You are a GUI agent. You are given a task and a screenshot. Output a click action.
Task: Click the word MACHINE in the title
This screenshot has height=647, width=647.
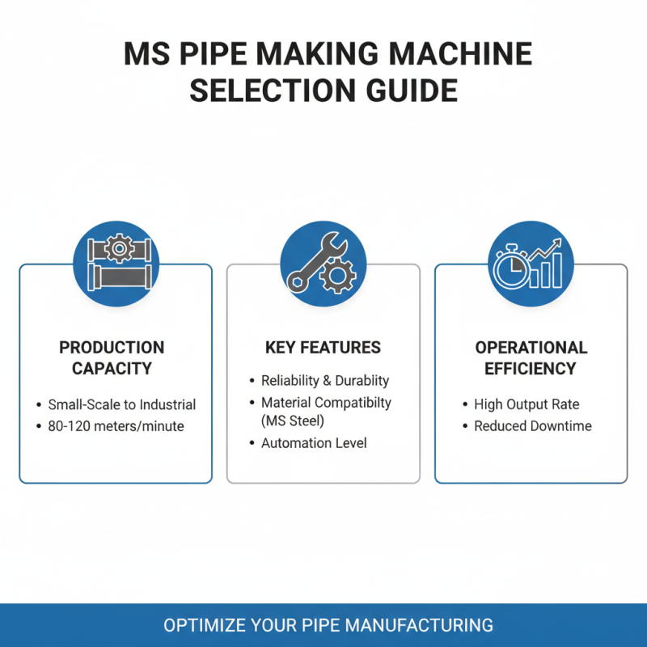click(x=463, y=54)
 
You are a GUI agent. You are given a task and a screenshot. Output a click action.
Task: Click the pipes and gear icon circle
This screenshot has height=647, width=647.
click(x=116, y=264)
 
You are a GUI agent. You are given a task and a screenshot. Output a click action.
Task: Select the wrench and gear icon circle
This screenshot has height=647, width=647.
click(x=323, y=264)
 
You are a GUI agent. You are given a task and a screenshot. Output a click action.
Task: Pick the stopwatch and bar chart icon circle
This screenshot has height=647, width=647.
click(x=531, y=264)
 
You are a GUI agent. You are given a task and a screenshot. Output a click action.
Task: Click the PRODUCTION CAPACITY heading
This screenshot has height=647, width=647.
click(x=112, y=358)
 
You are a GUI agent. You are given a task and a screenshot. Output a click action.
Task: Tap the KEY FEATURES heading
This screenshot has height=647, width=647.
click(x=323, y=348)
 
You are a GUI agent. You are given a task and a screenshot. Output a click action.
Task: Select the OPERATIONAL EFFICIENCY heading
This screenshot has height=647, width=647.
click(x=531, y=358)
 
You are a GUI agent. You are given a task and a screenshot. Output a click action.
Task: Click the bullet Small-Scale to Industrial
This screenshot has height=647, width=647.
click(x=121, y=404)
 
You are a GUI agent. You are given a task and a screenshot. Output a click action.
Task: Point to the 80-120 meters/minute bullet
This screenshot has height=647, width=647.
click(x=116, y=426)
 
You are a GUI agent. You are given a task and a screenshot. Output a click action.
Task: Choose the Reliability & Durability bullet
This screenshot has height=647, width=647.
click(x=324, y=380)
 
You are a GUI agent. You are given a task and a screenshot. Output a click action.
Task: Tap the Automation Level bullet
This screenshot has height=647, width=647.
click(x=313, y=443)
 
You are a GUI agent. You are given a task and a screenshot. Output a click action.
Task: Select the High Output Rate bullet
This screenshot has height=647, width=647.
click(x=526, y=404)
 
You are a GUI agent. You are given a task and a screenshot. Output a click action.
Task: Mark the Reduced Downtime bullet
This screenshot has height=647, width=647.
click(x=532, y=426)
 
